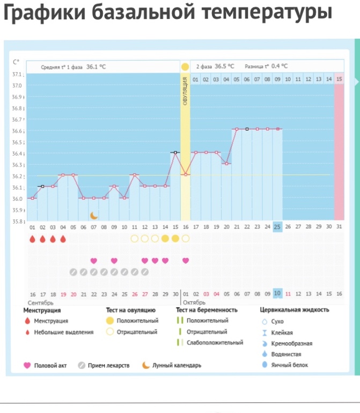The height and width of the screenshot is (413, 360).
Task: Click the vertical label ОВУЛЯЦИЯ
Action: click(x=185, y=91)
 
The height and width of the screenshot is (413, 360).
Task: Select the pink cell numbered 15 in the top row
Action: click(x=339, y=79)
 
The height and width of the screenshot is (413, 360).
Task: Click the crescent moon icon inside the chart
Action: click(x=94, y=215)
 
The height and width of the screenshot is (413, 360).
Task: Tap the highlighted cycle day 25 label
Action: click(x=277, y=227)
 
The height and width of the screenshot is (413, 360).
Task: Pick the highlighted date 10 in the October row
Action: click(x=277, y=294)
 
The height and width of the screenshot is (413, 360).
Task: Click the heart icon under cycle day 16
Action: click(x=186, y=261)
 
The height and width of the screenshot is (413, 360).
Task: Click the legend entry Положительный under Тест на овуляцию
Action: click(x=138, y=321)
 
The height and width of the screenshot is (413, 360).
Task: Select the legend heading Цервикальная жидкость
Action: click(x=295, y=310)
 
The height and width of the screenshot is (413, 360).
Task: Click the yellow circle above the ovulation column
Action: click(x=185, y=67)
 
